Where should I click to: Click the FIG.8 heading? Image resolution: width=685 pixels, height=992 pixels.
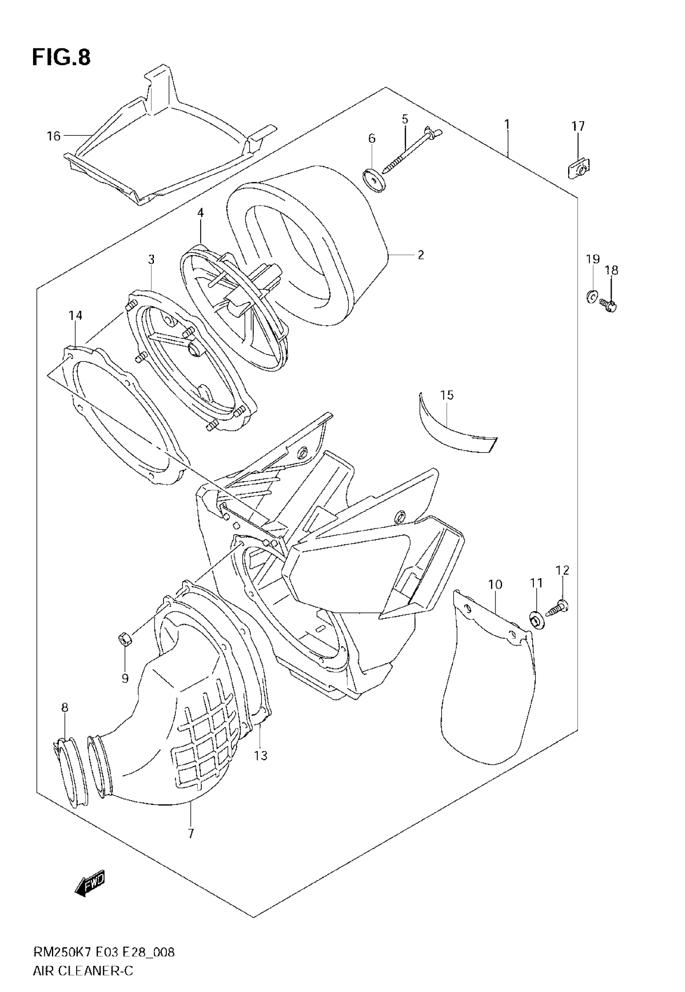(x=61, y=58)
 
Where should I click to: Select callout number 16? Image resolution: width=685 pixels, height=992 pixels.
(x=54, y=136)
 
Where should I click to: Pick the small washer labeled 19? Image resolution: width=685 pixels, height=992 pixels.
(x=592, y=297)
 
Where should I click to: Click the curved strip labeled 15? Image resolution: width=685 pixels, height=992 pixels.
(x=455, y=434)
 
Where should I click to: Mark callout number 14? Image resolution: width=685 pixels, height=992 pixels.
(x=75, y=316)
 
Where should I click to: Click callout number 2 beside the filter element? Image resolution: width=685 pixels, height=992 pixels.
(x=421, y=255)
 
